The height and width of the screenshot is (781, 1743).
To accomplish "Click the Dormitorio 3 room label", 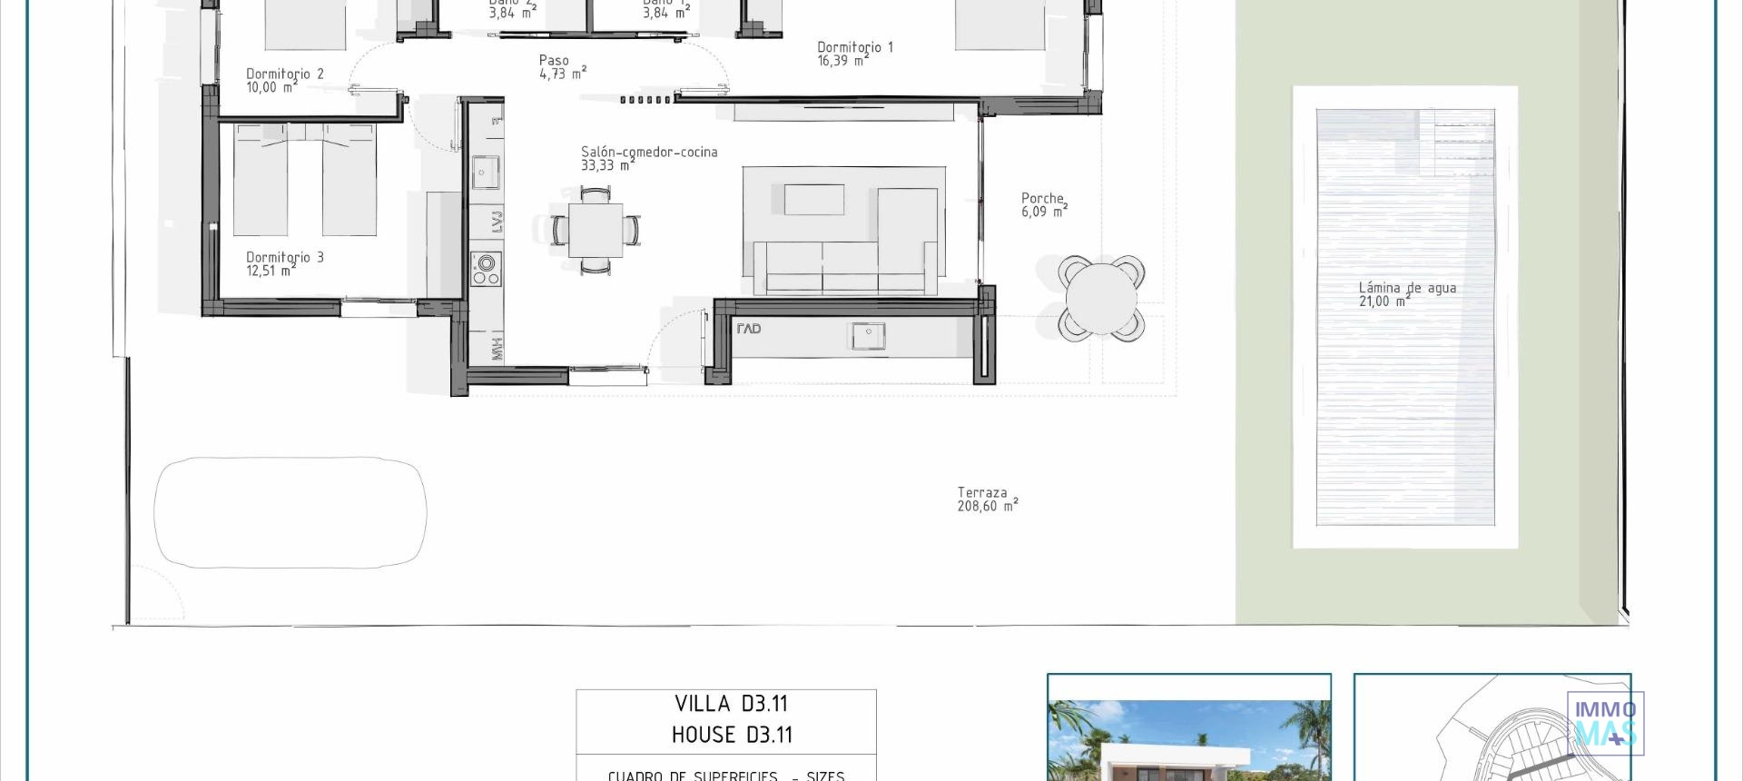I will [x=284, y=263].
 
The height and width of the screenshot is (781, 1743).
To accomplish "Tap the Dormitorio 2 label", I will [x=284, y=80].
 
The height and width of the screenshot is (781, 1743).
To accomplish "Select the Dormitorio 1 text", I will [x=854, y=53].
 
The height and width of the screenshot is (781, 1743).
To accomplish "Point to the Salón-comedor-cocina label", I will [x=648, y=158].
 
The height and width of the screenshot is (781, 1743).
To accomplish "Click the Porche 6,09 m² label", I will [x=1043, y=204].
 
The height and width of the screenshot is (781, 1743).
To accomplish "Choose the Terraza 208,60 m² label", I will [x=987, y=499].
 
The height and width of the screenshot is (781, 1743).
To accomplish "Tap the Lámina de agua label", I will [x=1406, y=294].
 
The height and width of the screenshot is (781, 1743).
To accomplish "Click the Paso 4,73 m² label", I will [x=562, y=67].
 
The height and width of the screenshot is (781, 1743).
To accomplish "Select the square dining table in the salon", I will [x=596, y=230].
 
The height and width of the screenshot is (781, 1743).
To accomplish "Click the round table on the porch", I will [x=1100, y=298].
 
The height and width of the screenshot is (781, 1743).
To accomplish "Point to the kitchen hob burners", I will [x=486, y=268].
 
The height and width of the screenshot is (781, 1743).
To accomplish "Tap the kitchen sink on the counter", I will [x=486, y=172].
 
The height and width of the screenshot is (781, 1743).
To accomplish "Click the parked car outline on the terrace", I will [x=290, y=512].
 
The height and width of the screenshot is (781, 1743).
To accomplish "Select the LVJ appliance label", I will [x=497, y=221].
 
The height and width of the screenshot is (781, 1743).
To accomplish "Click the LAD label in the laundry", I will [x=749, y=329].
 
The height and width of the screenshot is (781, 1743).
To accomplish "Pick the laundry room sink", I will [x=868, y=336].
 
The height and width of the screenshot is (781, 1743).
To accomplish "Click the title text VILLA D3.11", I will [x=731, y=704].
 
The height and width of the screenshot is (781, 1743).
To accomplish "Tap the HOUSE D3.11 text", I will [x=731, y=735].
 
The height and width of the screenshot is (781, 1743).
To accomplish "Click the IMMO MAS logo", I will [x=1605, y=723].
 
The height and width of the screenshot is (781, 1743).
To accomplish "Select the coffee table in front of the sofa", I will [x=813, y=200].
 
